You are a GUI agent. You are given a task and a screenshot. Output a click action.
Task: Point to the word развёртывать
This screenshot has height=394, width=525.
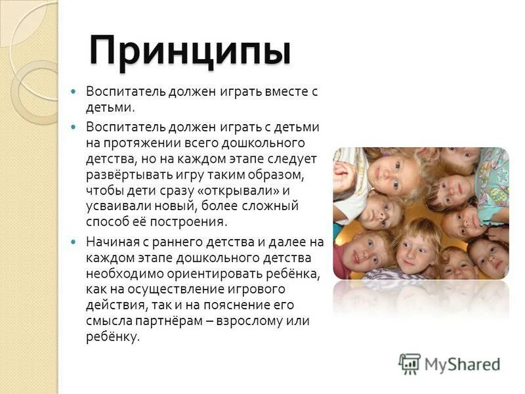[x=129, y=175]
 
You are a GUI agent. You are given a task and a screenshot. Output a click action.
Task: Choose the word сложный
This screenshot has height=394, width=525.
[x=272, y=206]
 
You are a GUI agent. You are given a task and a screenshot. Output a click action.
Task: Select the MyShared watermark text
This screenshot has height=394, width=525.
[x=463, y=364]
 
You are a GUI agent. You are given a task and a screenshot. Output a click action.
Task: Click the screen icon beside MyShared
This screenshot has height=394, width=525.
[x=409, y=363]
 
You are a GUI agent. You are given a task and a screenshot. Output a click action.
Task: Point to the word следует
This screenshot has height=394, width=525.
[x=293, y=158]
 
